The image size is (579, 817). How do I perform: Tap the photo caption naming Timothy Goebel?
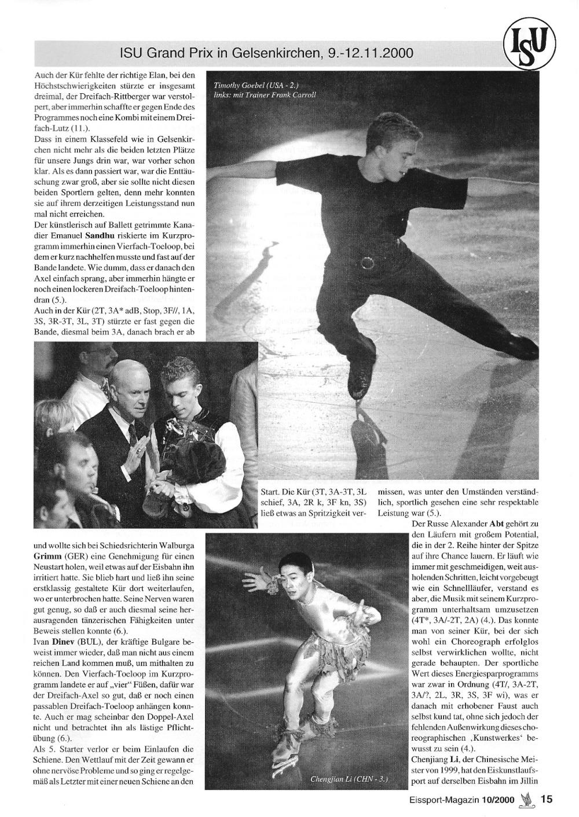(256, 85)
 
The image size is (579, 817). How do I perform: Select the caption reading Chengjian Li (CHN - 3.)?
(349, 779)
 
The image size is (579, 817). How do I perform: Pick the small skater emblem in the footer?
(526, 798)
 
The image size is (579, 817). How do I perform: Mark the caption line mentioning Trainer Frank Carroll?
(265, 95)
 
